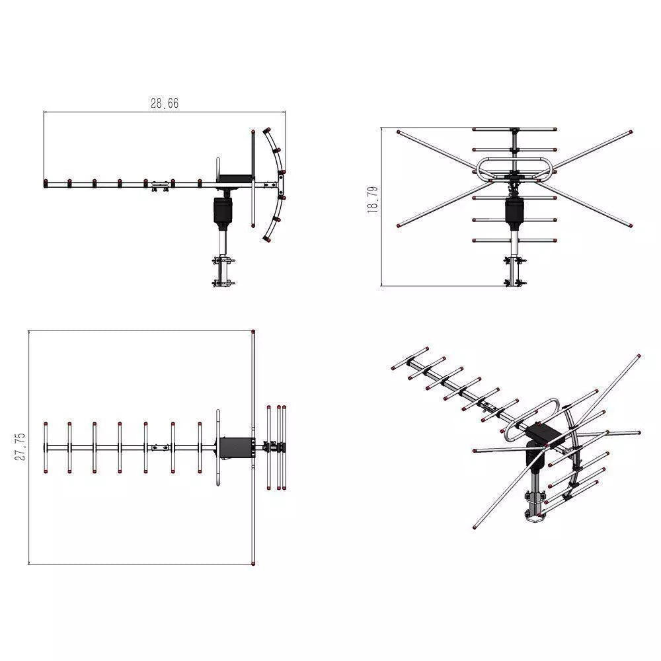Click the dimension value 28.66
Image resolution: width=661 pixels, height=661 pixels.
[x=164, y=103]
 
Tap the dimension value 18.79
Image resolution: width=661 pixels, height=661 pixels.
[x=373, y=199]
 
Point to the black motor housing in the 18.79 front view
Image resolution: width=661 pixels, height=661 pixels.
[x=514, y=211]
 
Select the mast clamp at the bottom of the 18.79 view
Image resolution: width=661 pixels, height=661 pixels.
[x=514, y=271]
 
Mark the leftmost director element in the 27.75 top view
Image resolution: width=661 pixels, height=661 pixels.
[x=45, y=447]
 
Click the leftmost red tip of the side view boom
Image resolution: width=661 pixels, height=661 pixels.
[x=45, y=182]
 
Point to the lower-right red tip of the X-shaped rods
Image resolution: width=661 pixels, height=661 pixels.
[x=631, y=226]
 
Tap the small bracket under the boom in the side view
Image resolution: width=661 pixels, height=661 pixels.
[x=159, y=187]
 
